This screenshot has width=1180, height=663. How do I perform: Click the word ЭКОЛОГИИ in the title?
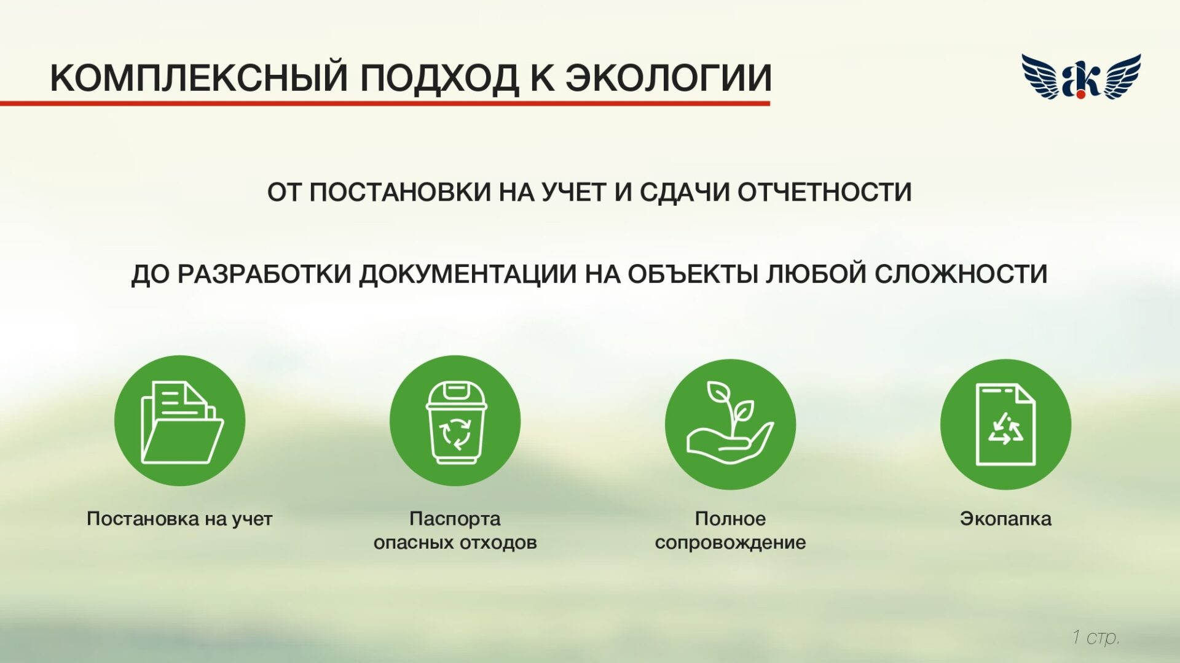tap(668, 78)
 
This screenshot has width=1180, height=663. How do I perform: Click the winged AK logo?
tap(1080, 77)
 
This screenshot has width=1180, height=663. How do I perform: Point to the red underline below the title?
tap(385, 103)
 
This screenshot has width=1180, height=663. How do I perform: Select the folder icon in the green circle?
tap(180, 421)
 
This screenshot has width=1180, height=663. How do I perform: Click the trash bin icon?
tap(455, 421)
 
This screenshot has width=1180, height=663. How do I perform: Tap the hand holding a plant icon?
tap(730, 424)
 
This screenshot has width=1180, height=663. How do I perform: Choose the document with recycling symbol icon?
tap(1005, 424)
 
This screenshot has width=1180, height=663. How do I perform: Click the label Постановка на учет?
tap(179, 519)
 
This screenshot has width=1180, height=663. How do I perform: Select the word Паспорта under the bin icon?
tap(455, 519)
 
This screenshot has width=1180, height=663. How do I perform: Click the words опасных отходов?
tap(455, 543)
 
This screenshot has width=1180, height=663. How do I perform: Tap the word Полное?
tap(730, 519)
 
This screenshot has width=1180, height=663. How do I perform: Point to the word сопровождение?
tap(730, 543)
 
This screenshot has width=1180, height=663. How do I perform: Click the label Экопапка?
tap(1005, 519)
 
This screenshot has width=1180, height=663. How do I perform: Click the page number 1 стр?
tap(1095, 637)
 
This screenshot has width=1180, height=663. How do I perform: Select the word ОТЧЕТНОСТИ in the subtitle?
tap(824, 192)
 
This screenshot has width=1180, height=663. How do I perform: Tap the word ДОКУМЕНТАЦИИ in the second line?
tap(467, 274)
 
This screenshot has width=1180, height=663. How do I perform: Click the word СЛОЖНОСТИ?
tap(961, 274)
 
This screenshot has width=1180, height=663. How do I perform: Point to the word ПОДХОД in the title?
tap(439, 78)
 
